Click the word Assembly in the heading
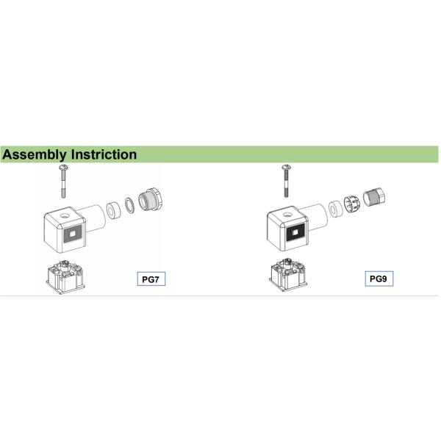(x=33, y=154)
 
